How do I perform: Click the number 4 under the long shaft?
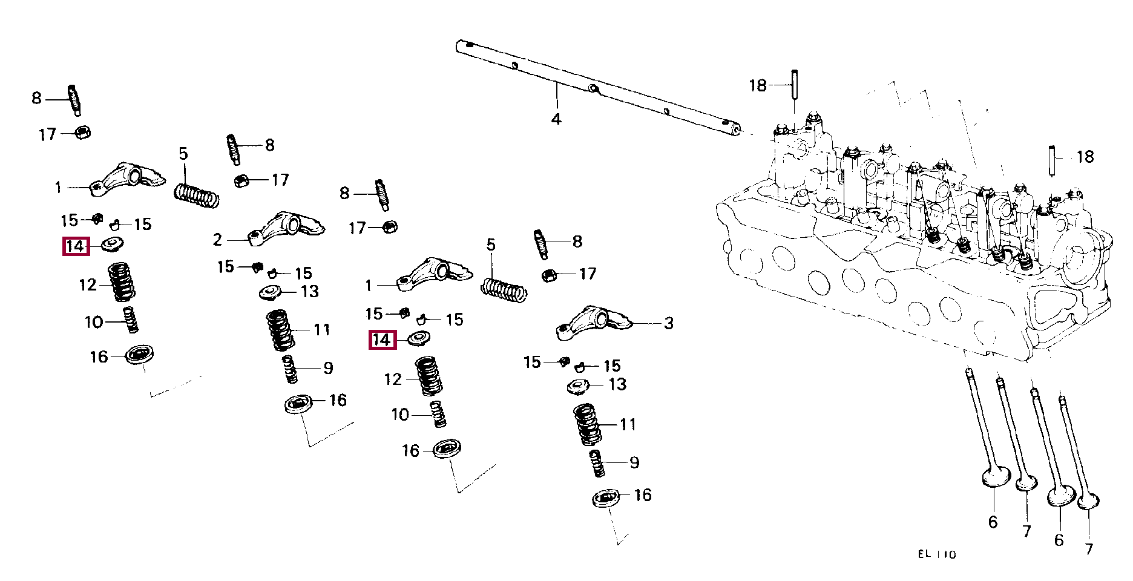pos(556,119)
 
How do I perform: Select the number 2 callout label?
pos(217,240)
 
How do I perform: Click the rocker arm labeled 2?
pos(287,228)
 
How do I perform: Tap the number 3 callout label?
pos(668,323)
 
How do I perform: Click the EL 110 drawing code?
pos(936,554)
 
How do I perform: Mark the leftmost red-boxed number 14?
pos(76,246)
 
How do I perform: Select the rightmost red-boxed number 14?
pos(383,340)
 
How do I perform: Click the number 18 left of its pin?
pos(758,85)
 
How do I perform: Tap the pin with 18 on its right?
pos(1053,160)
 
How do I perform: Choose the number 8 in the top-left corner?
pos(37,98)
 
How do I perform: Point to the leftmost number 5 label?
pos(183,154)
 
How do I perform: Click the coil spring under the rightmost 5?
pos(504,290)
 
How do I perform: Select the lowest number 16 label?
pos(643,495)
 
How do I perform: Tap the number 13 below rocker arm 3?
pos(617,384)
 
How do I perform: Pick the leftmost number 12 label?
pos(88,284)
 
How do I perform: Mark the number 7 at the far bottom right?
pos(1089,548)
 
